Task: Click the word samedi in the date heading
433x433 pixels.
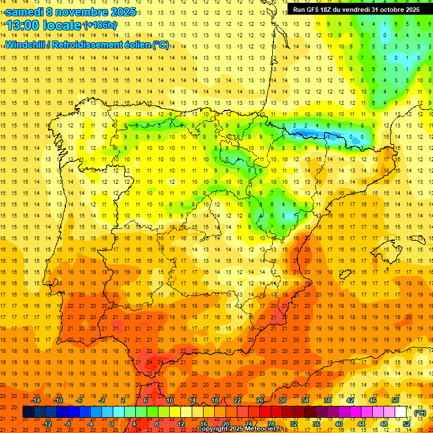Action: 25,12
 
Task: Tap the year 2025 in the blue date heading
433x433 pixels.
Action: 121,12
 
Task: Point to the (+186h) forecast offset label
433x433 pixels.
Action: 100,25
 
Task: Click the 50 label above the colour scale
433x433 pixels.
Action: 395,400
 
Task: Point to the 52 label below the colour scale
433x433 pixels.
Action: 407,423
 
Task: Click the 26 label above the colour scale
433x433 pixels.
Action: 259,400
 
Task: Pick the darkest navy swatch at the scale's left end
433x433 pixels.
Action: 28,412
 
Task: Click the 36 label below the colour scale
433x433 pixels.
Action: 316,423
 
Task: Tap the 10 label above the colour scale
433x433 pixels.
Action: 169,400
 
